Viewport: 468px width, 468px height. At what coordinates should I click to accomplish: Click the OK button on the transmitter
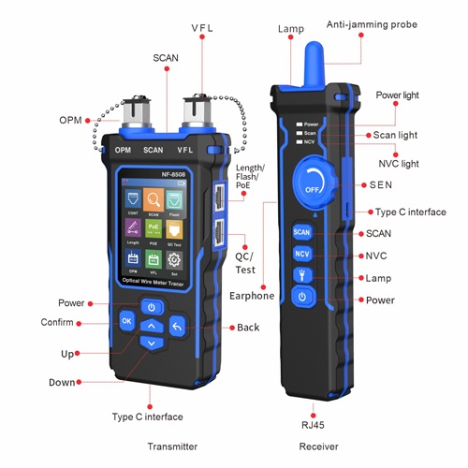tap(126, 321)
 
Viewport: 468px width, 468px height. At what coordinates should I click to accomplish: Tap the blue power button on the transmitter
tap(152, 307)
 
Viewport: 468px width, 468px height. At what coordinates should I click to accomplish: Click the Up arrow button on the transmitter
tap(152, 325)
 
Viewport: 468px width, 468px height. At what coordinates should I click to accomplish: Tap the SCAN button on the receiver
tap(301, 231)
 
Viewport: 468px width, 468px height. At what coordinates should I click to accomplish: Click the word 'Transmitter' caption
tap(173, 446)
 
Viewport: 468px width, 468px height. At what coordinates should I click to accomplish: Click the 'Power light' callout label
tap(398, 95)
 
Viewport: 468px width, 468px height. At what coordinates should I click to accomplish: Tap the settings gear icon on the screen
tap(174, 257)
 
